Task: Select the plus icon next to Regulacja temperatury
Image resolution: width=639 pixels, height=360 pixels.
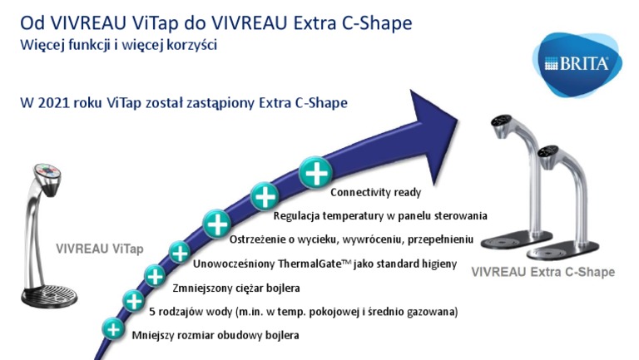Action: click(265, 197)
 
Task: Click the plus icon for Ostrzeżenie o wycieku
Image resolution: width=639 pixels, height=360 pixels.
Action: click(216, 223)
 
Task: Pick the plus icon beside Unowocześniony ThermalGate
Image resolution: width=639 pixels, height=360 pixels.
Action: click(180, 251)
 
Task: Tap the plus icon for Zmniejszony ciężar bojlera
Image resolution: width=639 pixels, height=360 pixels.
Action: click(154, 275)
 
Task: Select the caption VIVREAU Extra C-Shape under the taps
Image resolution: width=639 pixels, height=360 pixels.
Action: click(542, 272)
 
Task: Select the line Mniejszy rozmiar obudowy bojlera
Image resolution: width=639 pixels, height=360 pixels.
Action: click(215, 336)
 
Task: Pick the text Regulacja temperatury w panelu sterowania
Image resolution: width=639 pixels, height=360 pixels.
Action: click(380, 216)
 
